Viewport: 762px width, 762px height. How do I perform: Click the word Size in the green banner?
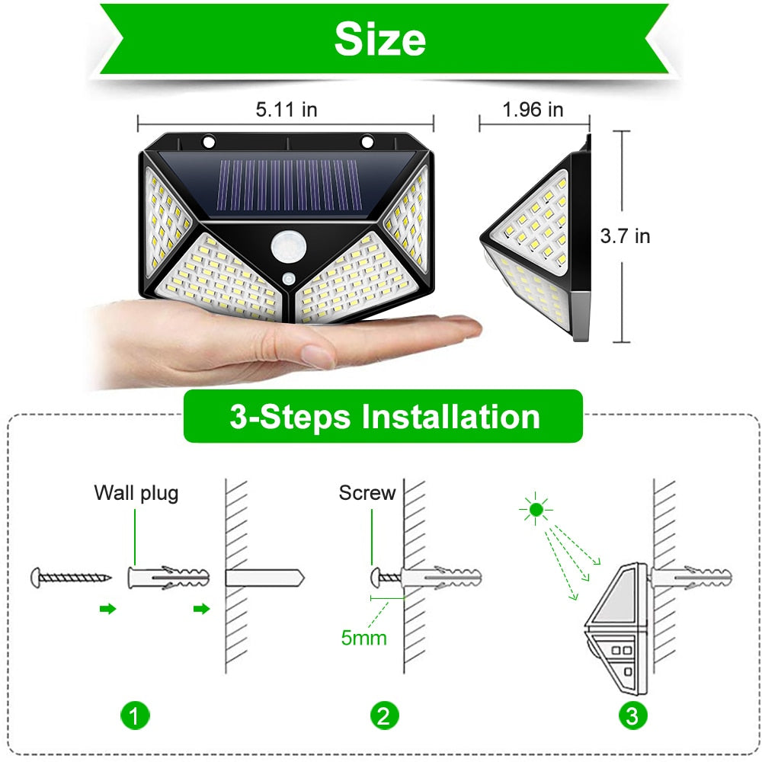pyautogui.click(x=379, y=39)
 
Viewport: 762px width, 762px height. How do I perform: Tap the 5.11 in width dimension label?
pyautogui.click(x=286, y=110)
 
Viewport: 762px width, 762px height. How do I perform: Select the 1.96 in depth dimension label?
pyautogui.click(x=533, y=110)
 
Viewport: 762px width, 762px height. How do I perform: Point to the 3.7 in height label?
pyautogui.click(x=625, y=236)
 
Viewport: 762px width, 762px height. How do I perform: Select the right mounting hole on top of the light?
pyautogui.click(x=367, y=142)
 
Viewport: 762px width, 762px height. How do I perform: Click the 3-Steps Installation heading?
pyautogui.click(x=384, y=417)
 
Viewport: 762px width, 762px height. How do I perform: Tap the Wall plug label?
pyautogui.click(x=136, y=493)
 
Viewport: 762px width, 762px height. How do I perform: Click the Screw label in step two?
pyautogui.click(x=367, y=493)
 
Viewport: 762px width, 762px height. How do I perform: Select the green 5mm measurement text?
pyautogui.click(x=363, y=638)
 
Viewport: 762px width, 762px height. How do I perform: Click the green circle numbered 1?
pyautogui.click(x=135, y=716)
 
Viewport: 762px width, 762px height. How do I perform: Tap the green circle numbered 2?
pyautogui.click(x=384, y=716)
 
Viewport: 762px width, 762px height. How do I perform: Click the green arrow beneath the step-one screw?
pyautogui.click(x=108, y=608)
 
